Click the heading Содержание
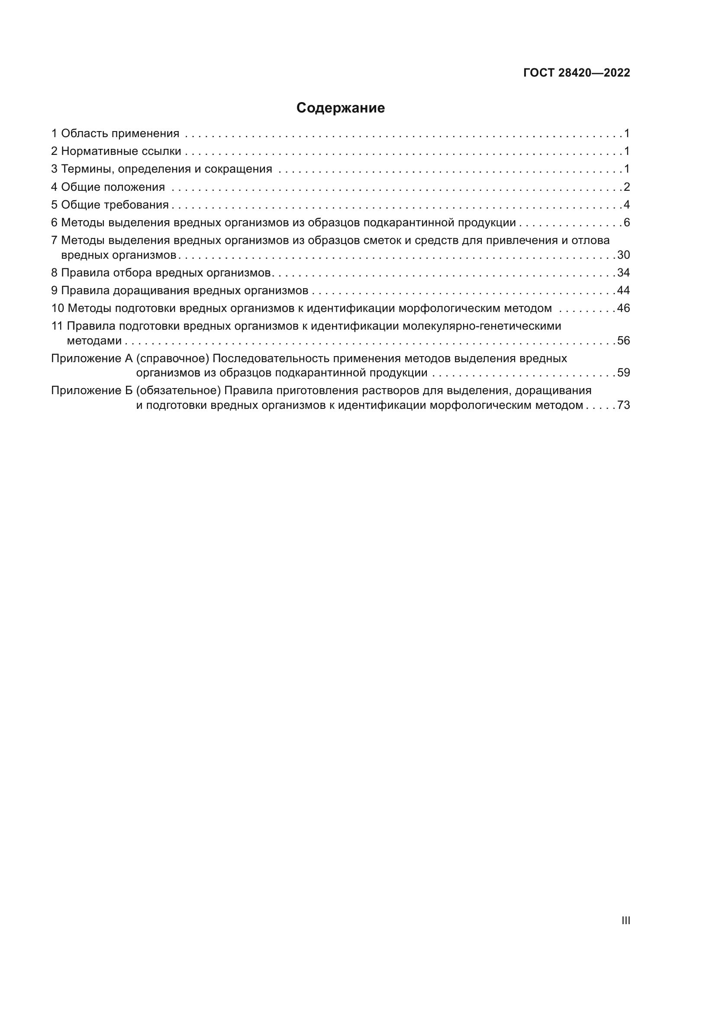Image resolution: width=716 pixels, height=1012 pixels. [340, 108]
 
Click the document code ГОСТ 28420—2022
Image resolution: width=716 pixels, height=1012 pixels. [576, 73]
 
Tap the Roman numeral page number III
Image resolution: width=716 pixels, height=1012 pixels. [625, 920]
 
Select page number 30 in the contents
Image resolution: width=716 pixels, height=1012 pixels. [623, 255]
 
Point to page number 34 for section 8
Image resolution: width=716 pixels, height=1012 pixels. [623, 273]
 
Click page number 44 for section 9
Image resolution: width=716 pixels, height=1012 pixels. [623, 290]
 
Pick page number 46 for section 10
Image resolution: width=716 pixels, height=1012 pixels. [623, 308]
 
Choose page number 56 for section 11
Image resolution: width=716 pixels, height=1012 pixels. [623, 341]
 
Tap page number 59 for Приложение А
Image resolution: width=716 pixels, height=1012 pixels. [623, 373]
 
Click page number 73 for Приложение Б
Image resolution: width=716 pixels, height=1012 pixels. [623, 405]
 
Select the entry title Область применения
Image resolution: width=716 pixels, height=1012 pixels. [120, 134]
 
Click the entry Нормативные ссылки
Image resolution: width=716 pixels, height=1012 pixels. [121, 151]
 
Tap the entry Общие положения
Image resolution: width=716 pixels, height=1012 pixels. [113, 187]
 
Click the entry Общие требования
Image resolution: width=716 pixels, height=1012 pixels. [115, 205]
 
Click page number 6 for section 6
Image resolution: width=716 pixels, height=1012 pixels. [626, 222]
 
